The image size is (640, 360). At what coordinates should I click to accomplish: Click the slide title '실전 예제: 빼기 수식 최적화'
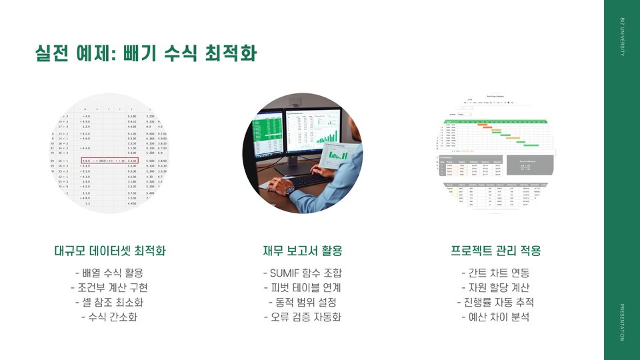145,53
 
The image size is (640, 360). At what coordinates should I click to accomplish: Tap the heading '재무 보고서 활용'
302,251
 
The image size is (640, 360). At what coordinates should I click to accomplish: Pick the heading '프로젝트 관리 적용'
495,251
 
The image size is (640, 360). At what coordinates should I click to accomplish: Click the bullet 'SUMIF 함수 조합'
302,273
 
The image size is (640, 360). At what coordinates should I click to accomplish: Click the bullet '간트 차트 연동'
495,273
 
